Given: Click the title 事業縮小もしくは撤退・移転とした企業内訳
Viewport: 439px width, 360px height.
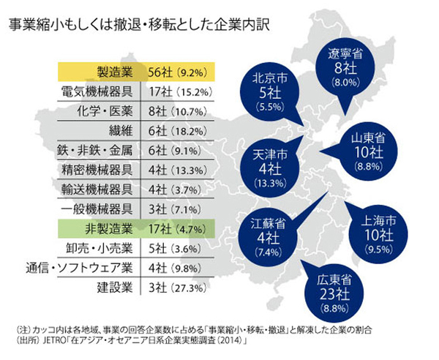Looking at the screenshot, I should pos(139,23).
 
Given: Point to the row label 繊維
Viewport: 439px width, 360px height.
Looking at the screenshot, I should pos(118,132).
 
